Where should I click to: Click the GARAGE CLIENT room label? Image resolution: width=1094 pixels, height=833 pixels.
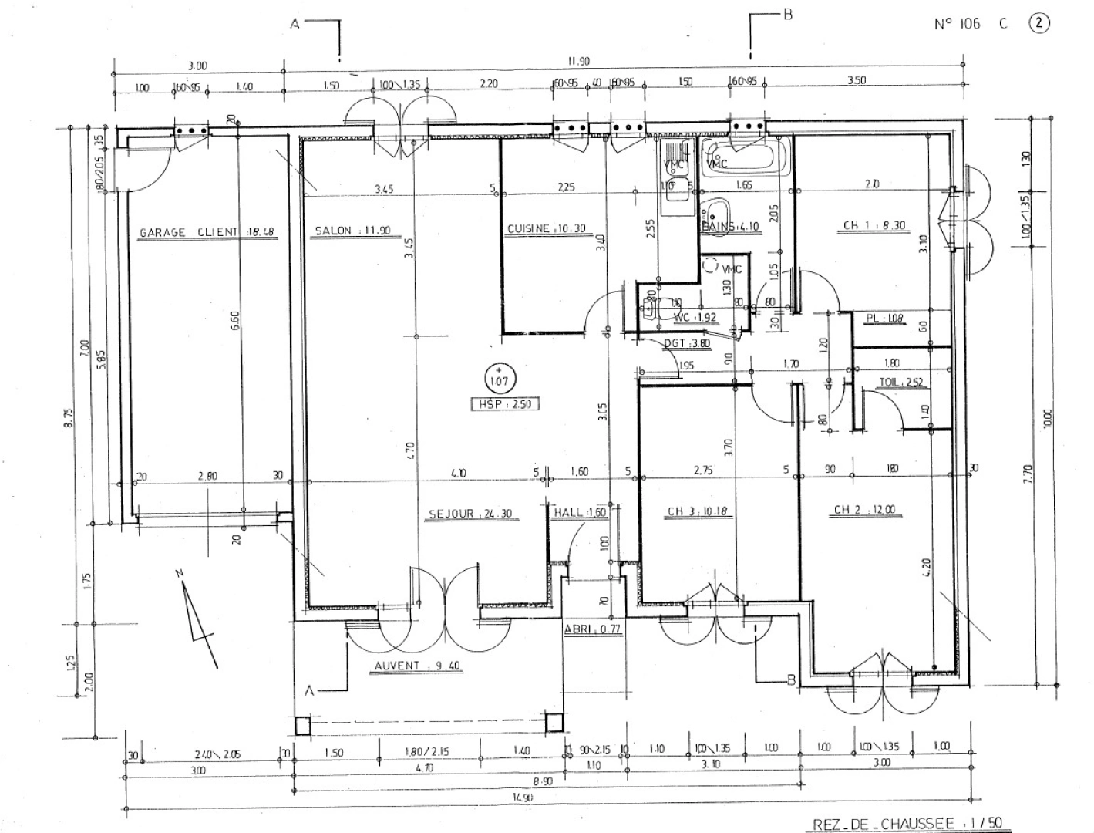[207, 231]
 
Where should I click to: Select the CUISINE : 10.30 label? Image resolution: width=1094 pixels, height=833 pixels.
[546, 229]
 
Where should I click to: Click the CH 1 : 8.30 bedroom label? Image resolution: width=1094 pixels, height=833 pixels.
[874, 225]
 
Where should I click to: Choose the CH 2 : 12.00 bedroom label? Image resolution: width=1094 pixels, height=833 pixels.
[864, 510]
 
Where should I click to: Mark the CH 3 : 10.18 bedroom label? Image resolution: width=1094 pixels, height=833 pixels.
[699, 511]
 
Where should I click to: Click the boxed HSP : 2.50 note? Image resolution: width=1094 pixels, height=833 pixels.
[505, 403]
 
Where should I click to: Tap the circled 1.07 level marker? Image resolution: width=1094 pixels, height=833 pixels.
[498, 378]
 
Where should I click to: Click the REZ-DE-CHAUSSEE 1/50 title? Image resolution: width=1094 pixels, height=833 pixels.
[908, 824]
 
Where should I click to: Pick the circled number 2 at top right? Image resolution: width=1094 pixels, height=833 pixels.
[1039, 23]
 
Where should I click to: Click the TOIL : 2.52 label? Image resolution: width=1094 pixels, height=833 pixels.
[901, 383]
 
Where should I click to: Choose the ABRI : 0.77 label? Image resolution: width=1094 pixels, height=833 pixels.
[592, 629]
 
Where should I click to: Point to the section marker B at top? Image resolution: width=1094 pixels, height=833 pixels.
[787, 14]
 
